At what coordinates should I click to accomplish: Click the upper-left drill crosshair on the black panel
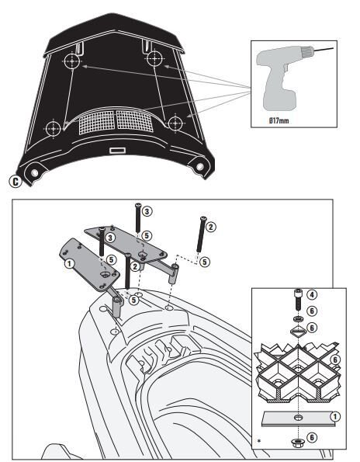72,61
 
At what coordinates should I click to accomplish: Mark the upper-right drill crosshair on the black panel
155,60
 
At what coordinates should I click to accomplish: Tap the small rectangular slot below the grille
118,150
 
